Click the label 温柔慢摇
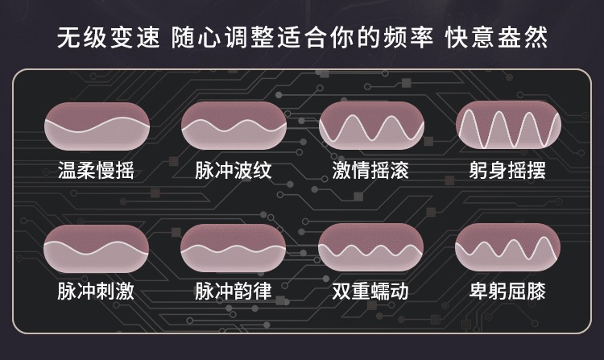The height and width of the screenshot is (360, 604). (x=96, y=170)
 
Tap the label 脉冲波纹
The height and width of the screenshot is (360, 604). (x=234, y=170)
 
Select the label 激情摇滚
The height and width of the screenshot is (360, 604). (x=370, y=170)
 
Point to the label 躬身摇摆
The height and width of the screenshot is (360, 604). (x=507, y=170)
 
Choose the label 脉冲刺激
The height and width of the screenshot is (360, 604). (x=96, y=291)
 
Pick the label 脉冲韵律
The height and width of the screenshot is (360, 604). (x=234, y=291)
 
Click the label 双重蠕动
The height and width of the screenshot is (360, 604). (x=370, y=291)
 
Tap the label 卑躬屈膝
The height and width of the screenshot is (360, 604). (x=507, y=291)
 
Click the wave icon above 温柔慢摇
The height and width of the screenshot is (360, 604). (x=97, y=126)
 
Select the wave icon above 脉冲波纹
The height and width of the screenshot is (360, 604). (x=234, y=126)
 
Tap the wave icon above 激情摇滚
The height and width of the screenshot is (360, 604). (x=371, y=126)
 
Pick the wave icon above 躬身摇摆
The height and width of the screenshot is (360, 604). (x=508, y=125)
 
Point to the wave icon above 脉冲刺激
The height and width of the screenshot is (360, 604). (x=96, y=249)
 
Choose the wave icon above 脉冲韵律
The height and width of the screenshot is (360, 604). (x=233, y=248)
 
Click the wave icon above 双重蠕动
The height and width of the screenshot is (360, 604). (x=370, y=247)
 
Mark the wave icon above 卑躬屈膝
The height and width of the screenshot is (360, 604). (x=507, y=247)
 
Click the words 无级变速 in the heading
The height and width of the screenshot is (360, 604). (x=109, y=37)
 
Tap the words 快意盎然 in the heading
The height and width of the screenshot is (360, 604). (x=497, y=37)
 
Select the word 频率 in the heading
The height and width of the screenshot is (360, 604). (x=409, y=37)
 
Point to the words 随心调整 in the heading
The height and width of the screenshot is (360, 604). (x=222, y=37)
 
